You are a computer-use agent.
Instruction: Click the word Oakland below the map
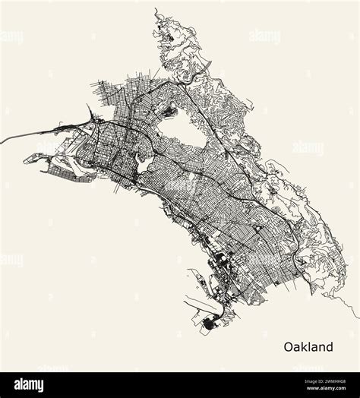308,347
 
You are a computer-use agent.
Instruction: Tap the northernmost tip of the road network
155,10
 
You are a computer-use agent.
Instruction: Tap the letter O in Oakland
289,347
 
